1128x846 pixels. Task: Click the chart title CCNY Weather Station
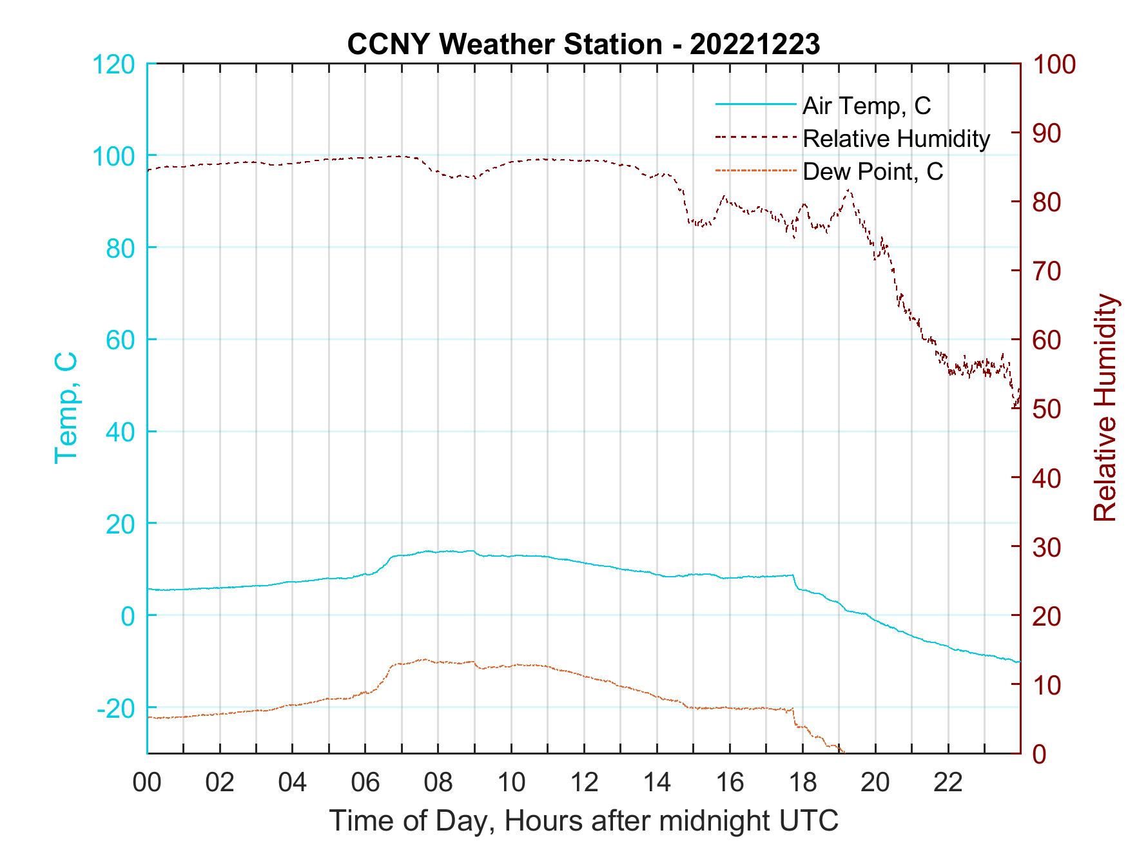coord(583,44)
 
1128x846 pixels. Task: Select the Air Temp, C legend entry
coord(866,106)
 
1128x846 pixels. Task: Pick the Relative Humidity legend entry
coord(896,139)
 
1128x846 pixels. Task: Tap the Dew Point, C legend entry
coord(872,172)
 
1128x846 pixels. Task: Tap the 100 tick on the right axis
coord(1055,64)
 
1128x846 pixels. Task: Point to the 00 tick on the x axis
coord(147,783)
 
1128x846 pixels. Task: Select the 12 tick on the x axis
coord(584,783)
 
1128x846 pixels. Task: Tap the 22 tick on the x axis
coord(948,783)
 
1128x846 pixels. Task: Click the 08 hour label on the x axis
coord(438,783)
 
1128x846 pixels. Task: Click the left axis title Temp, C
coord(66,408)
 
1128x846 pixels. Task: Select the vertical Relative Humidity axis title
coord(1105,408)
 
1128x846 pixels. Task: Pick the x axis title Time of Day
coord(583,821)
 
